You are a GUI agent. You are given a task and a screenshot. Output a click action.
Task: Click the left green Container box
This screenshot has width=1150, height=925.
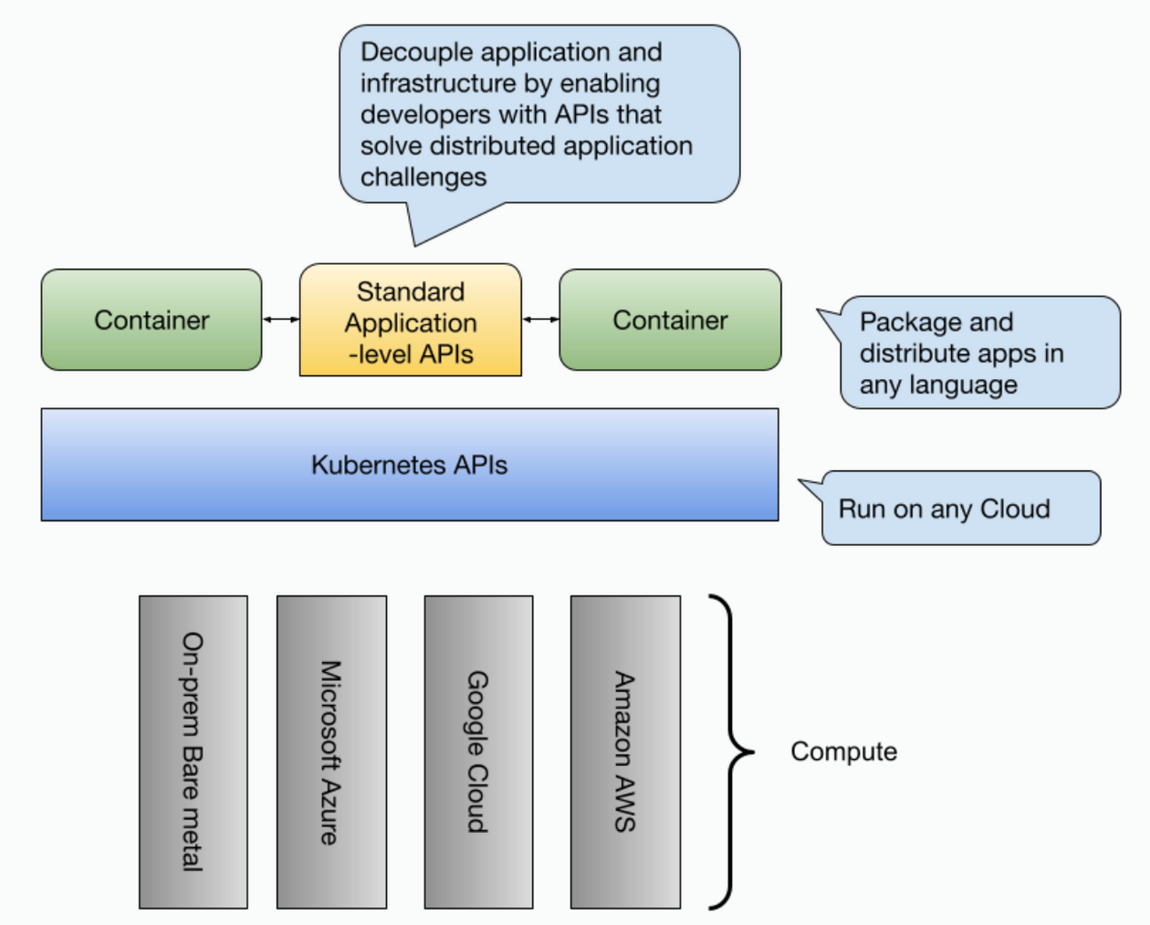[152, 320]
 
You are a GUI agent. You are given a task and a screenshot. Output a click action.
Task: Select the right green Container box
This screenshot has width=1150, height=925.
[670, 320]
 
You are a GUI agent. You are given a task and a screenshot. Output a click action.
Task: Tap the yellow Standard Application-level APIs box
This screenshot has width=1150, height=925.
[411, 321]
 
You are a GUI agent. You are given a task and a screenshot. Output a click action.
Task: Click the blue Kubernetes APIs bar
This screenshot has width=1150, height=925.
[410, 465]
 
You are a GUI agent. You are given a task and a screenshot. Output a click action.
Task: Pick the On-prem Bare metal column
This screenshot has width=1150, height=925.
[193, 752]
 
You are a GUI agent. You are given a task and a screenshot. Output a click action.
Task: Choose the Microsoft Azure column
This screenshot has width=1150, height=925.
[331, 752]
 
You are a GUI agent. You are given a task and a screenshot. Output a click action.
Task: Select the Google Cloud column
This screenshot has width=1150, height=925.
[478, 752]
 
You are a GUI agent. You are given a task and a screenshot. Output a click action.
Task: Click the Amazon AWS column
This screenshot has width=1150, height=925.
[625, 752]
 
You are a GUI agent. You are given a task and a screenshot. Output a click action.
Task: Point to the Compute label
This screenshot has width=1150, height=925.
[843, 752]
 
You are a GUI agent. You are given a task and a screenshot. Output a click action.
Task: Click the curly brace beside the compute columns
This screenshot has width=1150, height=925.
[732, 752]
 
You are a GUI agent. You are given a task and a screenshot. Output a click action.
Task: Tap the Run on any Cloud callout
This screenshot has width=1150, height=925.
[960, 509]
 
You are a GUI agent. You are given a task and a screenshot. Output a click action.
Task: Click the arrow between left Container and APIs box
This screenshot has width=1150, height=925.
[281, 320]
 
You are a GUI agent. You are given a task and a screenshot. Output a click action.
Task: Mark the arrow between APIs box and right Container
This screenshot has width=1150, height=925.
[540, 320]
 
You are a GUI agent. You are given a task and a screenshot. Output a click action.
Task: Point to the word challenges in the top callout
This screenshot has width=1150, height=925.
[423, 177]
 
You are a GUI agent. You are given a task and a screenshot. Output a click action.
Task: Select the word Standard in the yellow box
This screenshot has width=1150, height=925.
[411, 291]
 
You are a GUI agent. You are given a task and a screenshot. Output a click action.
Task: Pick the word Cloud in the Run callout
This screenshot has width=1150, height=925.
[1014, 509]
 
